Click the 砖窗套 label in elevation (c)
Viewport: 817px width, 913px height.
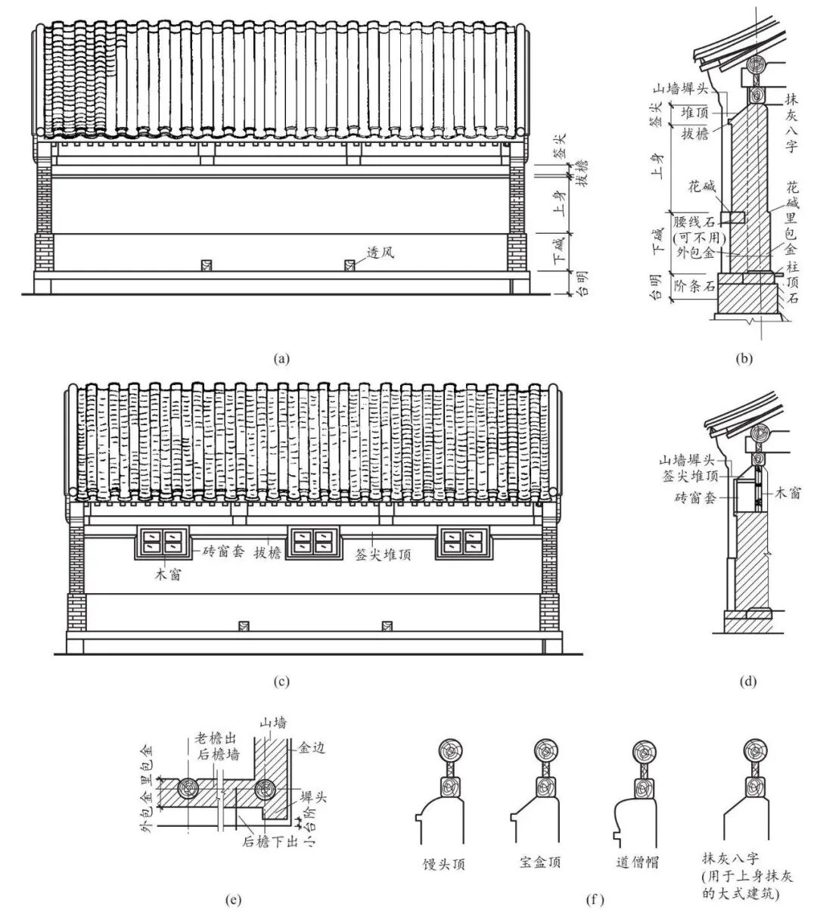223,551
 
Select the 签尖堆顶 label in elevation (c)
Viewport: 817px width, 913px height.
384,554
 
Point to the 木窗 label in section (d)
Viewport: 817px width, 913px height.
787,494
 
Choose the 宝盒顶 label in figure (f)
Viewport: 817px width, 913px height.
540,862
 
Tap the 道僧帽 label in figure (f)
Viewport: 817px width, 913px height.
637,862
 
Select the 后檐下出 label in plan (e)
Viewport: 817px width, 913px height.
271,842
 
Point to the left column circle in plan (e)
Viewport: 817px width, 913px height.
188,790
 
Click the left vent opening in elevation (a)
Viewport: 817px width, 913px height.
206,265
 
